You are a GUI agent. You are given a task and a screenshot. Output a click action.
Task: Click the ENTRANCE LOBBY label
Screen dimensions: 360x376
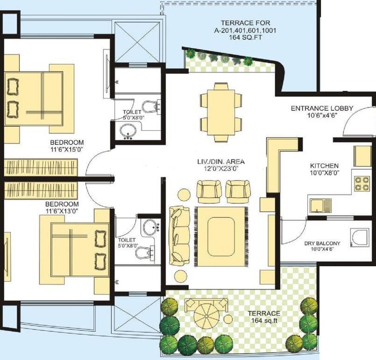[322, 109]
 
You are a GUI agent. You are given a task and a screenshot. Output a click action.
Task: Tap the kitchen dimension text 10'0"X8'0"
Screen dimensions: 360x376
[324, 173]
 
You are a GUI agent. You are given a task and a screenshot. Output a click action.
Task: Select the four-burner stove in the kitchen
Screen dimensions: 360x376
[362, 183]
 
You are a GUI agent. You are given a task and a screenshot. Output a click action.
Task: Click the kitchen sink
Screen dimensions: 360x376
[320, 205]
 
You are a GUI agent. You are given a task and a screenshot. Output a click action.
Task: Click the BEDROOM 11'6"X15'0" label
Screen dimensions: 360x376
[67, 145]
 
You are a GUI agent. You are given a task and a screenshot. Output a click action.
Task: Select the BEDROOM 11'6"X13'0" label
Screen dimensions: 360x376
[62, 207]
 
